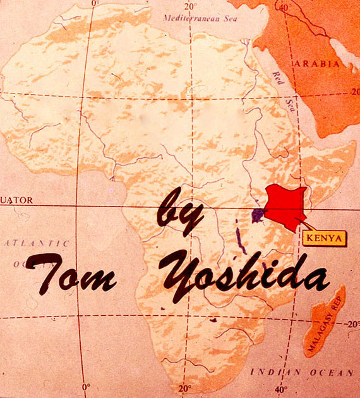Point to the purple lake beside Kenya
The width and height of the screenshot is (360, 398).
click(x=258, y=215)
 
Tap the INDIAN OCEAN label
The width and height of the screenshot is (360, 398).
click(x=301, y=373)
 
